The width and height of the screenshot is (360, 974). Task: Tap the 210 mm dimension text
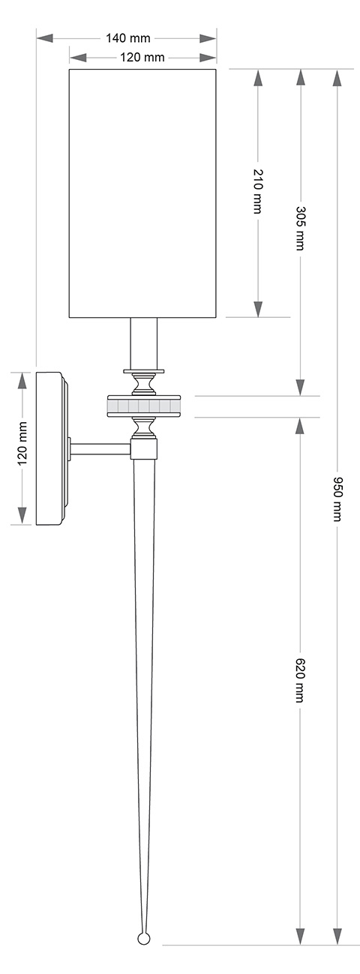coord(258,192)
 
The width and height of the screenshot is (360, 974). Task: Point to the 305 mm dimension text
coord(300,229)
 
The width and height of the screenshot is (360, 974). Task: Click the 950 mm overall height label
coord(337,499)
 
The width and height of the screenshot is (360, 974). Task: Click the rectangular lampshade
coord(142,193)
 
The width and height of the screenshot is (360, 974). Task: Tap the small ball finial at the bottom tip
coord(143,937)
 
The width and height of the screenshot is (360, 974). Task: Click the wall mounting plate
coord(50,448)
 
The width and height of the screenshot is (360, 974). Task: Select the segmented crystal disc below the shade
coord(143,406)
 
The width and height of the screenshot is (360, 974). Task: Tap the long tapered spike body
coord(143,637)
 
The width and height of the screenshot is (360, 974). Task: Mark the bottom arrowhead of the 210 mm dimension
coord(258,308)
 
